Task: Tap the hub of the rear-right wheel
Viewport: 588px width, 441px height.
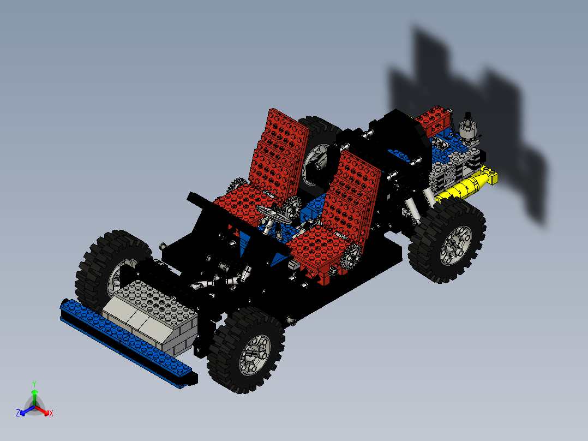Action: coord(456,242)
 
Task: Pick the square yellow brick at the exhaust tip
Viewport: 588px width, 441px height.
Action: coord(491,176)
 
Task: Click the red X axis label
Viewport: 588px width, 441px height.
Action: coord(51,414)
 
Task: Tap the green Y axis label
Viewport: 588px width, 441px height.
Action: coord(34,384)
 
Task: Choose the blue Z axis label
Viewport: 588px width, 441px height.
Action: coord(18,414)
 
